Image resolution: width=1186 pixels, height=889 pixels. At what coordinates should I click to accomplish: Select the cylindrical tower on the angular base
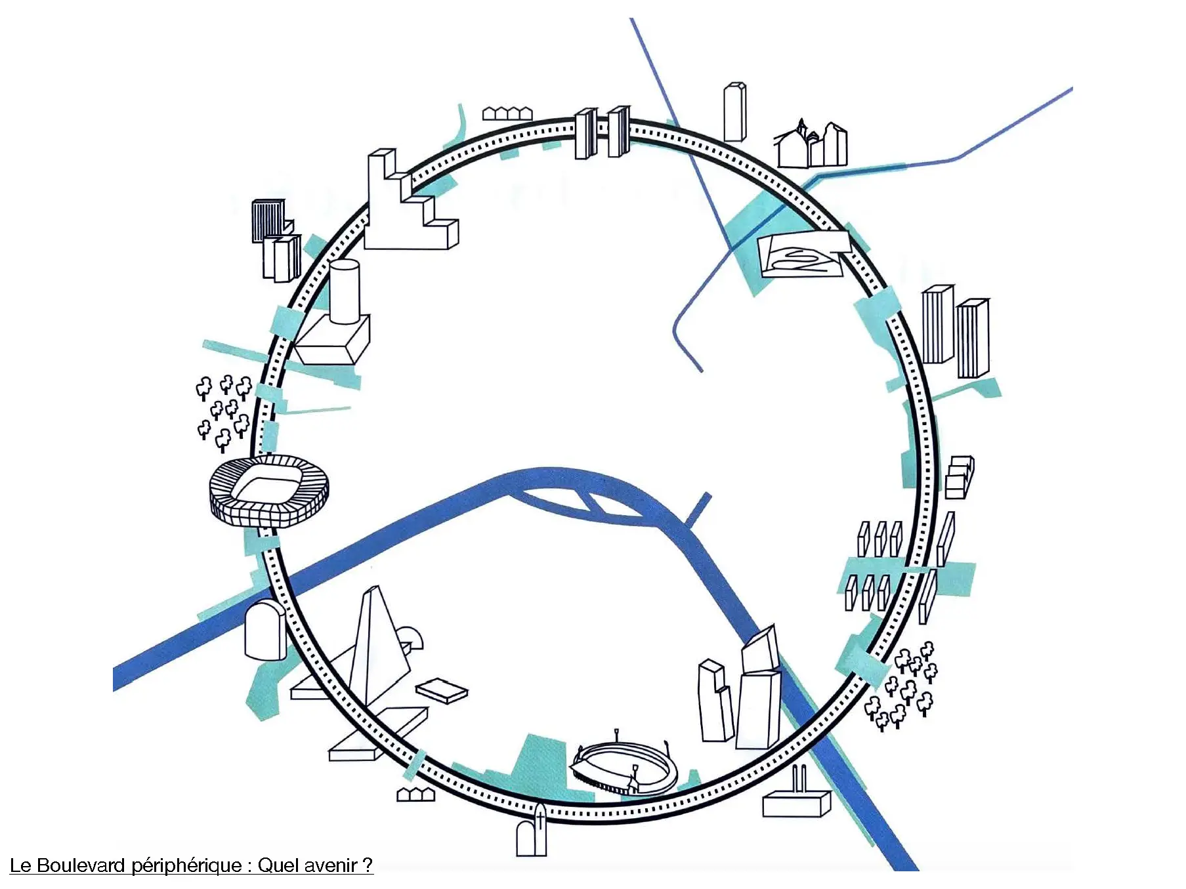pyautogui.click(x=344, y=292)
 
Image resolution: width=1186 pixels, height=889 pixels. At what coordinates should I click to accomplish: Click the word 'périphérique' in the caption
pyautogui.click(x=186, y=865)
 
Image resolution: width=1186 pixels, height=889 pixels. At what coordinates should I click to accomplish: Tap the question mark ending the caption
pyautogui.click(x=368, y=865)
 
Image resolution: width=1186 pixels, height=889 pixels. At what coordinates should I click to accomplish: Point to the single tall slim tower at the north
pyautogui.click(x=735, y=112)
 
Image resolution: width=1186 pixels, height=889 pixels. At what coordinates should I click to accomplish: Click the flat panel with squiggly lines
pyautogui.click(x=801, y=256)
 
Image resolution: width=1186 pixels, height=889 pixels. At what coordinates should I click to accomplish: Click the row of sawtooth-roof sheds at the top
pyautogui.click(x=507, y=114)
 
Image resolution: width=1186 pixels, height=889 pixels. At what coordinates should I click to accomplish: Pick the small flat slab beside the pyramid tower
pyautogui.click(x=442, y=691)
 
